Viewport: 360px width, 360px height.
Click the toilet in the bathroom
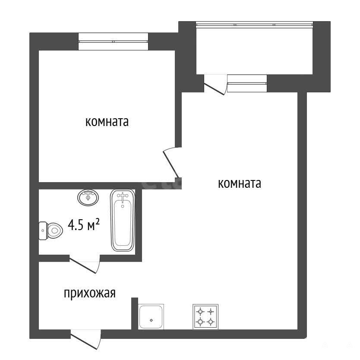coord(51,231)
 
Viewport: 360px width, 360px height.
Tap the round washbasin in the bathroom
coord(88,198)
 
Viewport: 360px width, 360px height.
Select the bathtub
coord(123,220)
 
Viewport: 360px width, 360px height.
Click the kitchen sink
coord(151,317)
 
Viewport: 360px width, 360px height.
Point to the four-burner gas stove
coord(205,317)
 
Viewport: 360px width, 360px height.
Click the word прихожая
coord(89,294)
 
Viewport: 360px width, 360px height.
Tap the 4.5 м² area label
coord(84,225)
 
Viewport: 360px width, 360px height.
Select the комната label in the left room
coord(107,122)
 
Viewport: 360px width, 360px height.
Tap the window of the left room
coord(113,41)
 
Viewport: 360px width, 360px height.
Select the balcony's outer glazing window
coord(255,25)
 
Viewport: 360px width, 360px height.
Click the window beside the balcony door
coord(247,83)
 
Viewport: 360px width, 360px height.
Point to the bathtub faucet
coord(123,196)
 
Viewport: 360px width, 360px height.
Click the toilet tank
coord(42,231)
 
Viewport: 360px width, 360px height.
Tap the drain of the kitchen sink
coord(152,320)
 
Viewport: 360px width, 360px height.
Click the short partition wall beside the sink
coord(135,314)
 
